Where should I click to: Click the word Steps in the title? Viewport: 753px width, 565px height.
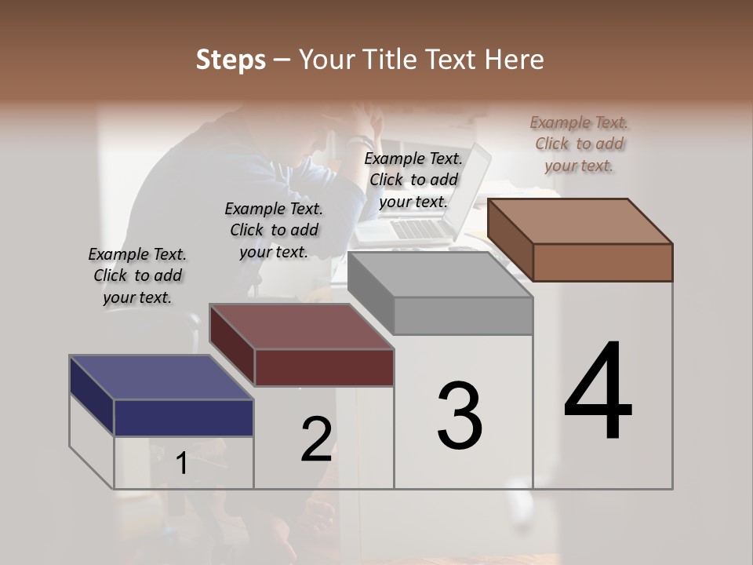coord(230,60)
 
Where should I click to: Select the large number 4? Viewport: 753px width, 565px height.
coord(598,392)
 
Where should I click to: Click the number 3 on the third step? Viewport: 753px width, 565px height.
coord(460,416)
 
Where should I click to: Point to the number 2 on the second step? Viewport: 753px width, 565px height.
coord(316,439)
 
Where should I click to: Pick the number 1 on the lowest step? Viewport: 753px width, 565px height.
coord(182,464)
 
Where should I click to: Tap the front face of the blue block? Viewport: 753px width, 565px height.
coord(184,417)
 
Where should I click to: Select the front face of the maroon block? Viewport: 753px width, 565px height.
coord(324,367)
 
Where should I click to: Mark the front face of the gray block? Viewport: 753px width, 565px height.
coord(463,315)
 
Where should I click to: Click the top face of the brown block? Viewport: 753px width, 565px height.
coord(580,221)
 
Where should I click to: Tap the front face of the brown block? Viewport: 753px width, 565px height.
coord(602,262)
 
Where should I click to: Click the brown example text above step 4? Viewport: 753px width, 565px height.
coord(579,144)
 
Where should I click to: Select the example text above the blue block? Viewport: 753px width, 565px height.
coord(137,275)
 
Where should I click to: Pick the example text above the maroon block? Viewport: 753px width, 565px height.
coord(274,230)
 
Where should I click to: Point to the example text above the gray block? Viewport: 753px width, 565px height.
coord(413,180)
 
